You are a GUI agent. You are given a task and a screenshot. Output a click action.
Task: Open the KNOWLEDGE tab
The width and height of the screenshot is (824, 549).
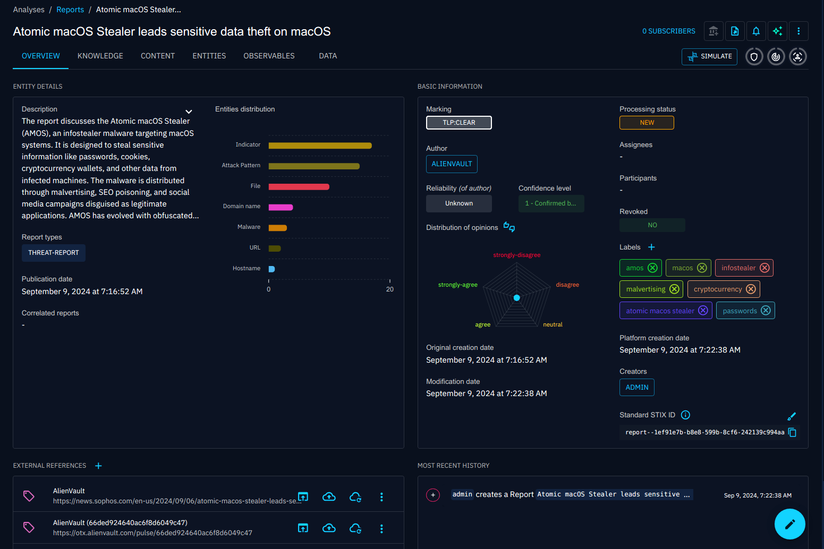click(100, 56)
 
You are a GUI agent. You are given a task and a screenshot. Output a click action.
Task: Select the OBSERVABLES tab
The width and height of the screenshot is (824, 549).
click(269, 56)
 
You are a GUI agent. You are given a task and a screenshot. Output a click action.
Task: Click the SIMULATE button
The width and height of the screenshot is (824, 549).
click(709, 56)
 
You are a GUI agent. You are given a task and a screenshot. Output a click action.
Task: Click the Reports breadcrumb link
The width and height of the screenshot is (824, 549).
click(70, 10)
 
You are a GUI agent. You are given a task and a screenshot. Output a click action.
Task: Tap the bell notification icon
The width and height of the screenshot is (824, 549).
click(755, 31)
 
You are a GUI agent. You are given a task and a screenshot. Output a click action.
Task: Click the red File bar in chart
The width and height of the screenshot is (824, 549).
click(299, 186)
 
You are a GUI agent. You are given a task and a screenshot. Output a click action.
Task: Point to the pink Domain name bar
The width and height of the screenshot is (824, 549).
click(281, 207)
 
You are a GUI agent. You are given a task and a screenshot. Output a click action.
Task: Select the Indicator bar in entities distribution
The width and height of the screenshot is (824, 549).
click(320, 145)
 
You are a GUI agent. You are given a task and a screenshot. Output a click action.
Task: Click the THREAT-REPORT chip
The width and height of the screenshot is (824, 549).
click(54, 253)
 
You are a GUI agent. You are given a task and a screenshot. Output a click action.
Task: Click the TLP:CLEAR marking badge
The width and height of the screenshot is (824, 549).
click(458, 123)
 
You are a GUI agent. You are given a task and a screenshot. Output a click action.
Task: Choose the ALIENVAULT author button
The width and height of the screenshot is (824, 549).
click(452, 164)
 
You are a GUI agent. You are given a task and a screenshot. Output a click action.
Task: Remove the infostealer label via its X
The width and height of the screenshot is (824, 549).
click(764, 268)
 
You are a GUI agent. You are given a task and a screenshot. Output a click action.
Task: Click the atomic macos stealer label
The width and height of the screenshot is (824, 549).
click(659, 311)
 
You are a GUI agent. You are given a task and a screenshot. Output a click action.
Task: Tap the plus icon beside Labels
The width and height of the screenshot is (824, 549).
click(651, 247)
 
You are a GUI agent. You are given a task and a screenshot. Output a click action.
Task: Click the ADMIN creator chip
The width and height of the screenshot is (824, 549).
click(636, 388)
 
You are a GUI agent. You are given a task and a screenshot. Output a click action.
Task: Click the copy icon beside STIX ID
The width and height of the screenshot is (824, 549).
click(792, 432)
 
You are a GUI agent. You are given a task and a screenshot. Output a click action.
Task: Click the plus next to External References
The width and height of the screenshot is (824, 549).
click(98, 466)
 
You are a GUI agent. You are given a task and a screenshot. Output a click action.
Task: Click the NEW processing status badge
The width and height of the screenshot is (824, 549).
click(647, 123)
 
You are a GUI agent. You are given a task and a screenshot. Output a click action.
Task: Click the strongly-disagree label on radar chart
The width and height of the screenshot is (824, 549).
click(516, 255)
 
